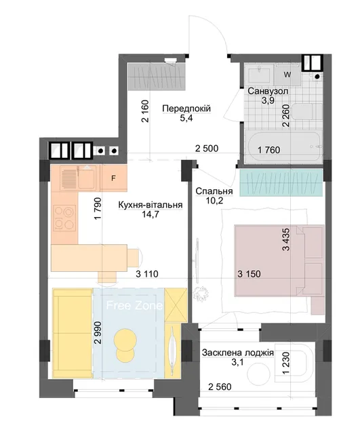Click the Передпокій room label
pos(186,108)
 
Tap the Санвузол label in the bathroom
pos(268,91)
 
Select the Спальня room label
pos(214,191)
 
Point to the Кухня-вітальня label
pos(151,205)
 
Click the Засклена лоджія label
pos(238,353)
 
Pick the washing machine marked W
pos(287,75)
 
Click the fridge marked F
pos(113,178)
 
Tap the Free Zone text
pos(134,305)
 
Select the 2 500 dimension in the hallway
pos(207,149)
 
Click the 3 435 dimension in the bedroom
pos(286,239)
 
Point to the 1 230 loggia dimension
pos(286,363)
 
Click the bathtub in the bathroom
pos(284,147)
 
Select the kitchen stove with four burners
pos(64,218)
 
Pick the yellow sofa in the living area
pos(73,333)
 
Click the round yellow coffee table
pos(125,345)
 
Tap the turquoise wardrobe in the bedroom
pos(281,183)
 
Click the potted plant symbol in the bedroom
pos(200,292)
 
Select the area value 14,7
pos(150,214)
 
